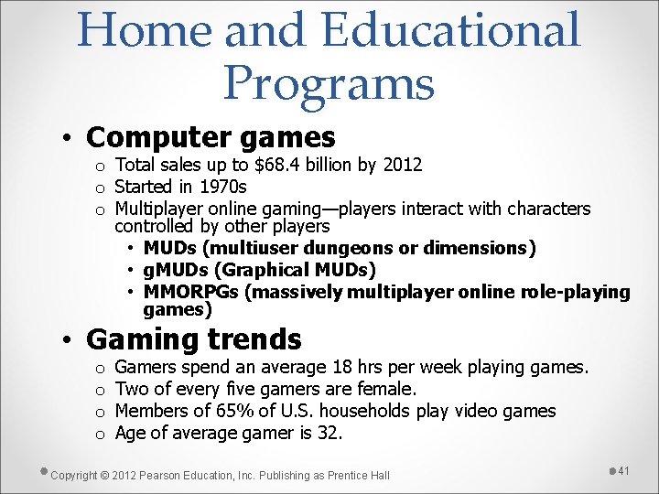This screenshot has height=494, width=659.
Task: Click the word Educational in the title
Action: (451, 29)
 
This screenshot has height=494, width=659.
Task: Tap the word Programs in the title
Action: (328, 82)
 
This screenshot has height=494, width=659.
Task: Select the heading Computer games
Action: (211, 137)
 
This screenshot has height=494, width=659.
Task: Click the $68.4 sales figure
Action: (281, 166)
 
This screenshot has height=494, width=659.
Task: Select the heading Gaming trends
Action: (193, 339)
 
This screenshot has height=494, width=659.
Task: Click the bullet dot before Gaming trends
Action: (67, 341)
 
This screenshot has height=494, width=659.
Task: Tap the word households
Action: (366, 411)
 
